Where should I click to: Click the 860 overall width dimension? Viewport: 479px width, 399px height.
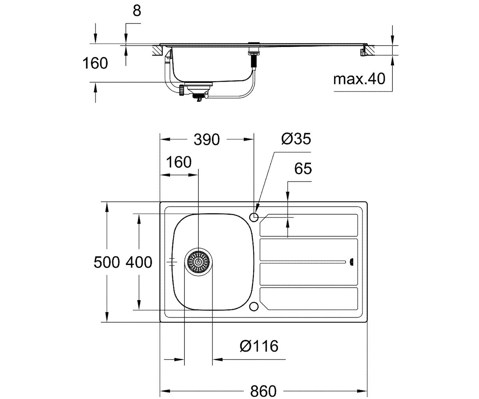[263, 391]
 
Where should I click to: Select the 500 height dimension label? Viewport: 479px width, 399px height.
[107, 262]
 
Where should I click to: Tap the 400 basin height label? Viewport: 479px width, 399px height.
[139, 262]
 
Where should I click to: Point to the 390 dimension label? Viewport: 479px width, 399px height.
[207, 139]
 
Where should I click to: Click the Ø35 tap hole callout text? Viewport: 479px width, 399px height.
[296, 139]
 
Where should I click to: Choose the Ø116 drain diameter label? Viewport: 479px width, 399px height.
[259, 346]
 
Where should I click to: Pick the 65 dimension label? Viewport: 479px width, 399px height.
[303, 168]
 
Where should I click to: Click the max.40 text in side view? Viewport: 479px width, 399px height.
[359, 79]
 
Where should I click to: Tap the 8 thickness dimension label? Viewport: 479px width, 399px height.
[137, 10]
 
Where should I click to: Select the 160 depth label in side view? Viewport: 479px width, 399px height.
[95, 63]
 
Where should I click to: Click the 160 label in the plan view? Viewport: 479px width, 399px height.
[179, 162]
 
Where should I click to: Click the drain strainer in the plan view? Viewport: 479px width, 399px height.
[198, 262]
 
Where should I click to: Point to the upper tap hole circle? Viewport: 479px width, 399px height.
[254, 217]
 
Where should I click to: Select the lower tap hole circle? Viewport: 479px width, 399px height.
[254, 306]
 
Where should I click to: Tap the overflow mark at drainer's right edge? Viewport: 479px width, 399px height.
[351, 262]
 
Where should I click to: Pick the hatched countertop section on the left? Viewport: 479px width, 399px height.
[157, 50]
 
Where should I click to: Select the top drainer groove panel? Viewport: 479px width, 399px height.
[309, 225]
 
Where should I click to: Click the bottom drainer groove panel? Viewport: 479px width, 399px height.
[309, 298]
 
